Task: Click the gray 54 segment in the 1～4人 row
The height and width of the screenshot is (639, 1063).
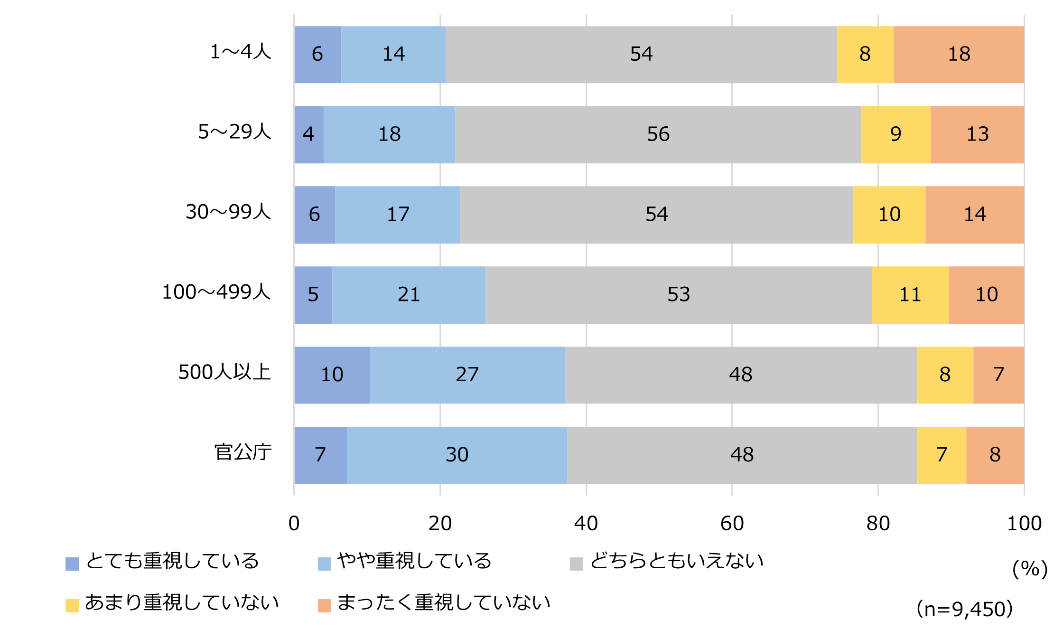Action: point(641,55)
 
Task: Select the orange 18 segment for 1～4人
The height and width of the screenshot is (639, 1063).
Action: point(959,55)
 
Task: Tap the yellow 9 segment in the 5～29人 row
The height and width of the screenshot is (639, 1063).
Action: point(895,134)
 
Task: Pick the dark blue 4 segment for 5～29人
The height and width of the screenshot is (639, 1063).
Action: point(309,134)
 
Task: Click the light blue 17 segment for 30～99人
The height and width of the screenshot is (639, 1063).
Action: point(398,215)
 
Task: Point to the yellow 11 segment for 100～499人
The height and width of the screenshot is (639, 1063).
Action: point(910,295)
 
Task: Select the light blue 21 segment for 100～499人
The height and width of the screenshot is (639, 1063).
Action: point(409,295)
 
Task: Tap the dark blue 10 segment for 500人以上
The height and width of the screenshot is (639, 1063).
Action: point(332,375)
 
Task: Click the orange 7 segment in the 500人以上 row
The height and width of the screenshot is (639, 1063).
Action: point(998,375)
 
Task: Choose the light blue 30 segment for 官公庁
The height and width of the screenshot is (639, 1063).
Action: point(457,455)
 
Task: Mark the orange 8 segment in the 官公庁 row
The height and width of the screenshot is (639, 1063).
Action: point(995,455)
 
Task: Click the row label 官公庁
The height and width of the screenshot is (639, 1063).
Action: point(243,452)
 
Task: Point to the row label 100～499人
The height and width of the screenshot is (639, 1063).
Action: point(216,292)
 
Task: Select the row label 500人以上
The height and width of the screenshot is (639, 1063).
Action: point(224,372)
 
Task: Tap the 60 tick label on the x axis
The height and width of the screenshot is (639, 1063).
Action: point(732,524)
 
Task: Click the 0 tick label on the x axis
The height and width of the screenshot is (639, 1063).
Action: point(294,524)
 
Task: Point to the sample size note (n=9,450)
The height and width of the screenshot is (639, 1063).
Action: point(964,609)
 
